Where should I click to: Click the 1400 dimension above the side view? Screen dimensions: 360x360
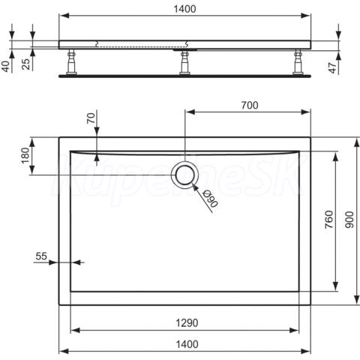pyautogui.click(x=184, y=9)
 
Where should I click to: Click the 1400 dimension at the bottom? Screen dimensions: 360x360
pyautogui.click(x=187, y=344)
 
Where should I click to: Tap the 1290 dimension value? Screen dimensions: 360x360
pyautogui.click(x=187, y=323)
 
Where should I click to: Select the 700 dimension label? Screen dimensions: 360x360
pyautogui.click(x=250, y=105)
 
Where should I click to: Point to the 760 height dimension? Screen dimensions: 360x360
pyautogui.click(x=329, y=219)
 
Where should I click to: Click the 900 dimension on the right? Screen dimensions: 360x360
pyautogui.click(x=349, y=220)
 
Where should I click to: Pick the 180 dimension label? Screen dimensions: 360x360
pyautogui.click(x=25, y=155)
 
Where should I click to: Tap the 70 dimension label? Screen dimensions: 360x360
pyautogui.click(x=91, y=118)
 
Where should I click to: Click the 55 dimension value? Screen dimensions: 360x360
pyautogui.click(x=41, y=256)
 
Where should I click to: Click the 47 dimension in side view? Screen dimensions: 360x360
pyautogui.click(x=332, y=68)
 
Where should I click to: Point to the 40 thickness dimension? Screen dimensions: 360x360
pyautogui.click(x=5, y=67)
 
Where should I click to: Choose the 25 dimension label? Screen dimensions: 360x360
pyautogui.click(x=26, y=64)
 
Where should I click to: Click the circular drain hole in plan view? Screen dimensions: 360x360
pyautogui.click(x=184, y=175)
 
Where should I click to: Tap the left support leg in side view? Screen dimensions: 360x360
pyautogui.click(x=71, y=61)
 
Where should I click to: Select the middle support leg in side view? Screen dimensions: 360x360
pyautogui.click(x=184, y=62)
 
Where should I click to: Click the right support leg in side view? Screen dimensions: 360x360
pyautogui.click(x=298, y=61)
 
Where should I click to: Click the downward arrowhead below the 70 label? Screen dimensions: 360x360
pyautogui.click(x=97, y=130)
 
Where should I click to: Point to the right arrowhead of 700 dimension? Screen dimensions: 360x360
pyautogui.click(x=306, y=112)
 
